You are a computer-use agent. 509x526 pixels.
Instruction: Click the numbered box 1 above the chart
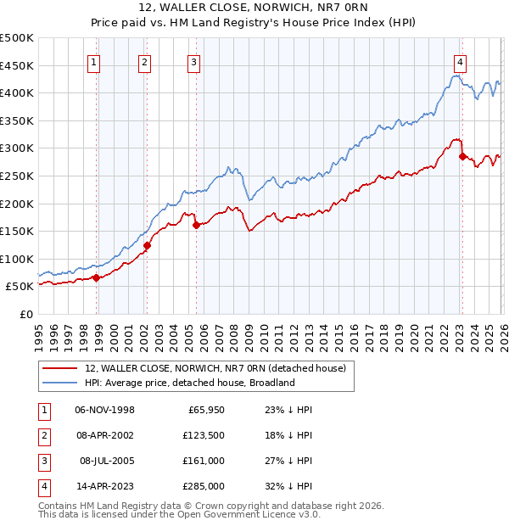click(x=92, y=61)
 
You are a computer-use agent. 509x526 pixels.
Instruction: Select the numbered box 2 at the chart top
click(x=144, y=61)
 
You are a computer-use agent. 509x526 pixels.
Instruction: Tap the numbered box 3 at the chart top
click(x=193, y=61)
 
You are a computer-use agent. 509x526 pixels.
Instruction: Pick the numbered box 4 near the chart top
click(x=459, y=61)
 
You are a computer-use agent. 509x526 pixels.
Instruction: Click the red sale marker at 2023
click(x=462, y=156)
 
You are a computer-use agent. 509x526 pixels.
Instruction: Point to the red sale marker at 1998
click(x=97, y=277)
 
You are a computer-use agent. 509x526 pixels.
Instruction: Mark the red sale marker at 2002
click(x=147, y=246)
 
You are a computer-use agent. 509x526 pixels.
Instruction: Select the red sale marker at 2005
click(x=196, y=225)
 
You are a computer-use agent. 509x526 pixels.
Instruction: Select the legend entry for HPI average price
click(x=189, y=383)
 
